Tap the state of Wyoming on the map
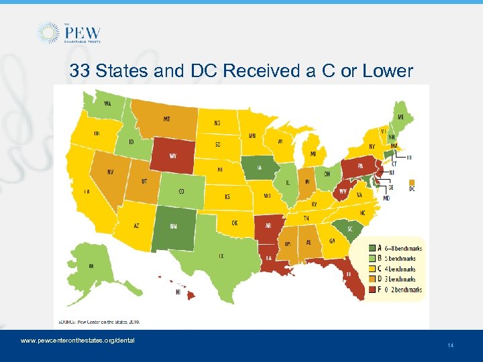(x=172, y=156)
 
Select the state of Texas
(x=221, y=251)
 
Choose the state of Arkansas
(x=268, y=227)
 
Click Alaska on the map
(x=94, y=265)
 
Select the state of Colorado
(x=181, y=190)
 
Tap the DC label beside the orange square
(x=411, y=188)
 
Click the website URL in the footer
(x=78, y=340)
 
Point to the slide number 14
(x=450, y=345)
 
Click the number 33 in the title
(x=81, y=70)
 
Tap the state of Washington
(x=107, y=105)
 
